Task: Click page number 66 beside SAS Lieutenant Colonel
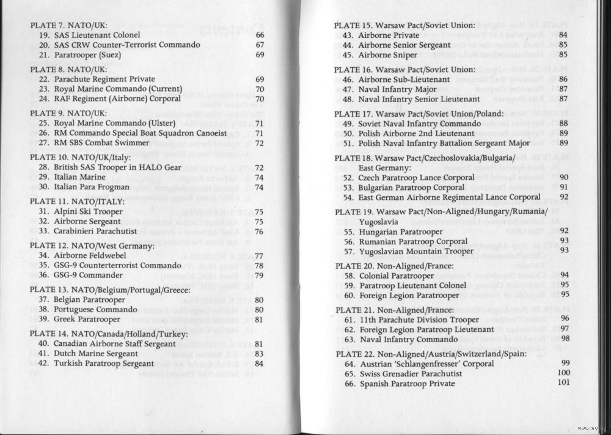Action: click(260, 35)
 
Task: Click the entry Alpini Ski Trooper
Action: click(81, 211)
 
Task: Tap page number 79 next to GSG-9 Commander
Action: click(259, 276)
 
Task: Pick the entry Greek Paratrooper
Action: click(79, 320)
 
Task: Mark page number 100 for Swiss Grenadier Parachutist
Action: click(563, 373)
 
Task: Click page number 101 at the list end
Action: click(563, 383)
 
